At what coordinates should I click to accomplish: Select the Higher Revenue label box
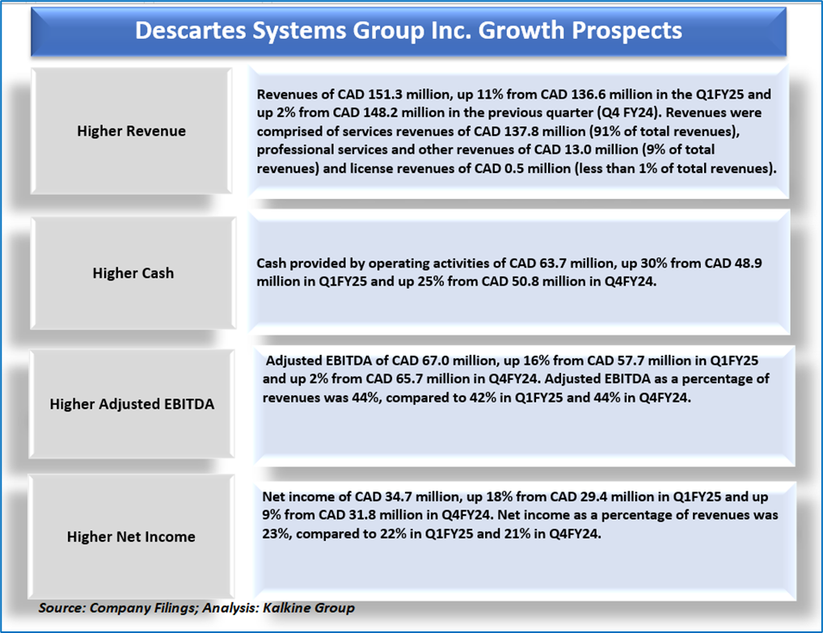tap(131, 131)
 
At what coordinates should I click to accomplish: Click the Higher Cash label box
tap(133, 273)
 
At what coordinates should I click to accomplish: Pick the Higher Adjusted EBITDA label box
tap(132, 404)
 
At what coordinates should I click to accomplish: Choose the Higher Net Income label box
tap(131, 536)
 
